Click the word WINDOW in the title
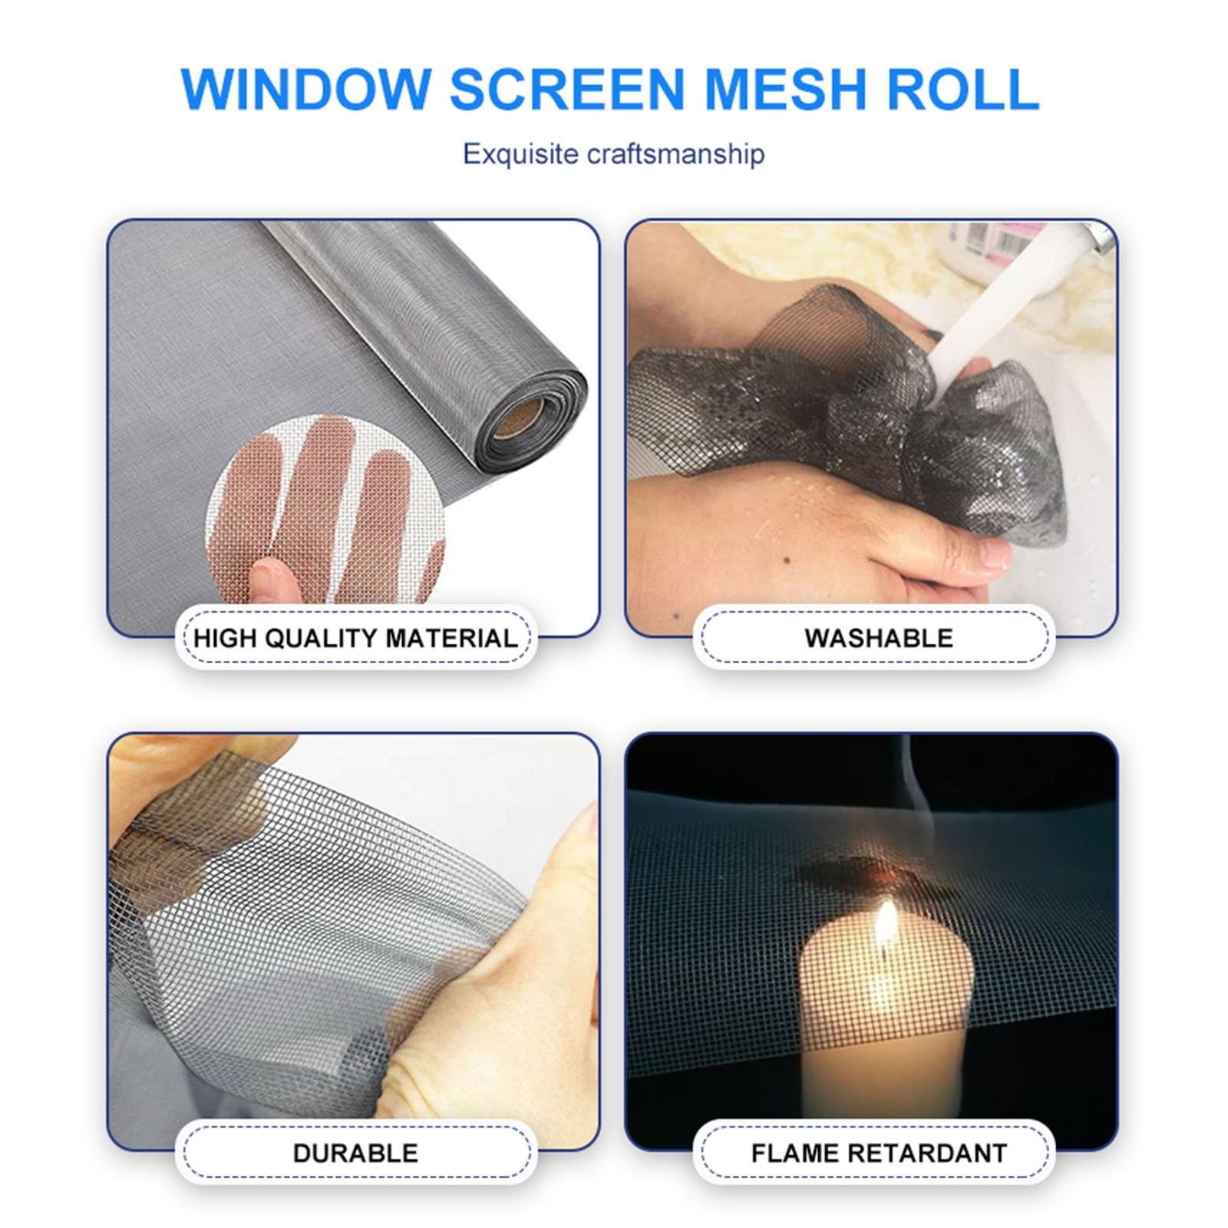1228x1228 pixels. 305,90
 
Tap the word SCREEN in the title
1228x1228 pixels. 566,90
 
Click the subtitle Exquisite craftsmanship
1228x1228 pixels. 613,154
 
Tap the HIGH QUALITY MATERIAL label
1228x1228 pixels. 355,638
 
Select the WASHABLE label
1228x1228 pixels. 878,638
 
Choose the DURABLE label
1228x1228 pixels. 355,1152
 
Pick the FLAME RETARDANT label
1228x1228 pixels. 878,1152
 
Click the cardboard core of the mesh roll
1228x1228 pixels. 517,418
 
